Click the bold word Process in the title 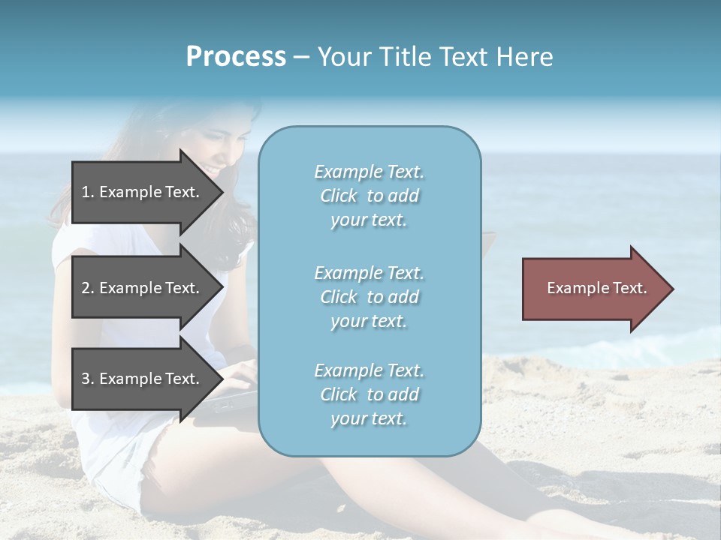point(236,57)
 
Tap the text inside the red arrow point(596,288)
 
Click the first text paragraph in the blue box point(369,196)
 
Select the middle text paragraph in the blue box point(369,297)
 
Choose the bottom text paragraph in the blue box point(369,394)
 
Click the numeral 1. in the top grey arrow point(87,192)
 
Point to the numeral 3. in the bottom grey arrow point(87,379)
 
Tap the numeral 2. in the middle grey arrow point(87,288)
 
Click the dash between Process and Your point(301,57)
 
